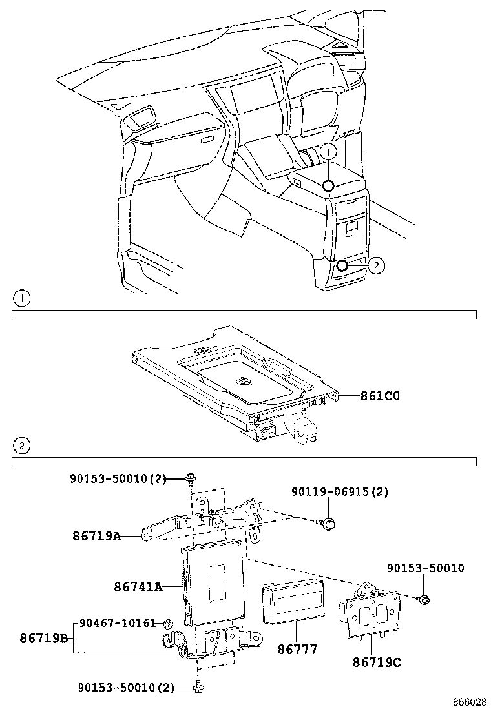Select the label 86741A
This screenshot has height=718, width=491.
[x=138, y=587]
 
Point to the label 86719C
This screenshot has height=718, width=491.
[x=377, y=662]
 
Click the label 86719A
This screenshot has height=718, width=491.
[x=96, y=535]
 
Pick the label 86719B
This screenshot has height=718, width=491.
[x=43, y=638]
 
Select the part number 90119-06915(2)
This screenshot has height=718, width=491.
[x=340, y=492]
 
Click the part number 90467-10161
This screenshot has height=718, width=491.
[x=118, y=623]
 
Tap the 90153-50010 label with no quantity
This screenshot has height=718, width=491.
[x=425, y=568]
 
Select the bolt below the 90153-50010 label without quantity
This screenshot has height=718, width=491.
[x=424, y=599]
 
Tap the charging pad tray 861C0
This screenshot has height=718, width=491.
[x=236, y=381]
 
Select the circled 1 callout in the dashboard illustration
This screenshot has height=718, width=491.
[x=328, y=152]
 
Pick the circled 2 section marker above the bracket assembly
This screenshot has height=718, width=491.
[x=21, y=446]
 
